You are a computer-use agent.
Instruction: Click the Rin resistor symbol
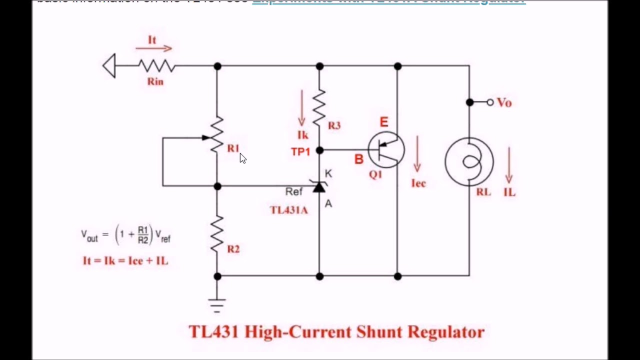(x=156, y=66)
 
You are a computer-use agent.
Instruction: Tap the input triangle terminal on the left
(x=109, y=66)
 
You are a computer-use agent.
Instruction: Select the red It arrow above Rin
(x=154, y=48)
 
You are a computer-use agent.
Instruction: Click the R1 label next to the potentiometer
(x=233, y=148)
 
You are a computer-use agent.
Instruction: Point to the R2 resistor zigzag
(x=217, y=234)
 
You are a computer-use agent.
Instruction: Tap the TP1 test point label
(x=300, y=152)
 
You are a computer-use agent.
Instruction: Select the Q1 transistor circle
(x=386, y=149)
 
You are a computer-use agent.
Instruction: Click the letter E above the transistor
(x=383, y=122)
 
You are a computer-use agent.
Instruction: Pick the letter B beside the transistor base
(x=358, y=159)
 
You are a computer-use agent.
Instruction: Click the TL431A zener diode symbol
(x=319, y=187)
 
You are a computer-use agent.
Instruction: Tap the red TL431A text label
(x=289, y=210)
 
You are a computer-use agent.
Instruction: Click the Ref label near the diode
(x=294, y=191)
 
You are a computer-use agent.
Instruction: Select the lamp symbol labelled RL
(x=469, y=162)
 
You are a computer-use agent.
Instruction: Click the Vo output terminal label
(x=504, y=102)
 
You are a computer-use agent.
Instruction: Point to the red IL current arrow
(x=509, y=165)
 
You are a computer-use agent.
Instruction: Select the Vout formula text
(x=126, y=235)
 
